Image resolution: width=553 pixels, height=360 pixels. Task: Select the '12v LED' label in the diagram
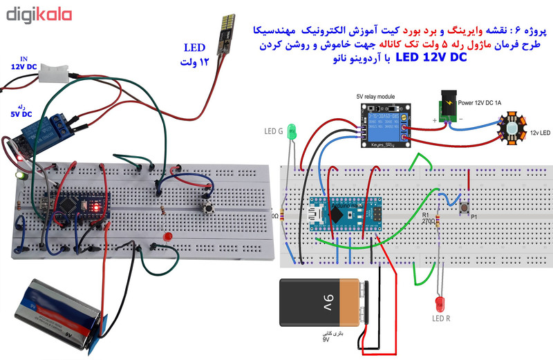541,132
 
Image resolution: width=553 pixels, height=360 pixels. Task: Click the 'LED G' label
274,130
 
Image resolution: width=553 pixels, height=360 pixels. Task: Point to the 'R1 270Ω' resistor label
427,220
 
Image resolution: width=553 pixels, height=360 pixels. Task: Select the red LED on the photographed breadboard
167,238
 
